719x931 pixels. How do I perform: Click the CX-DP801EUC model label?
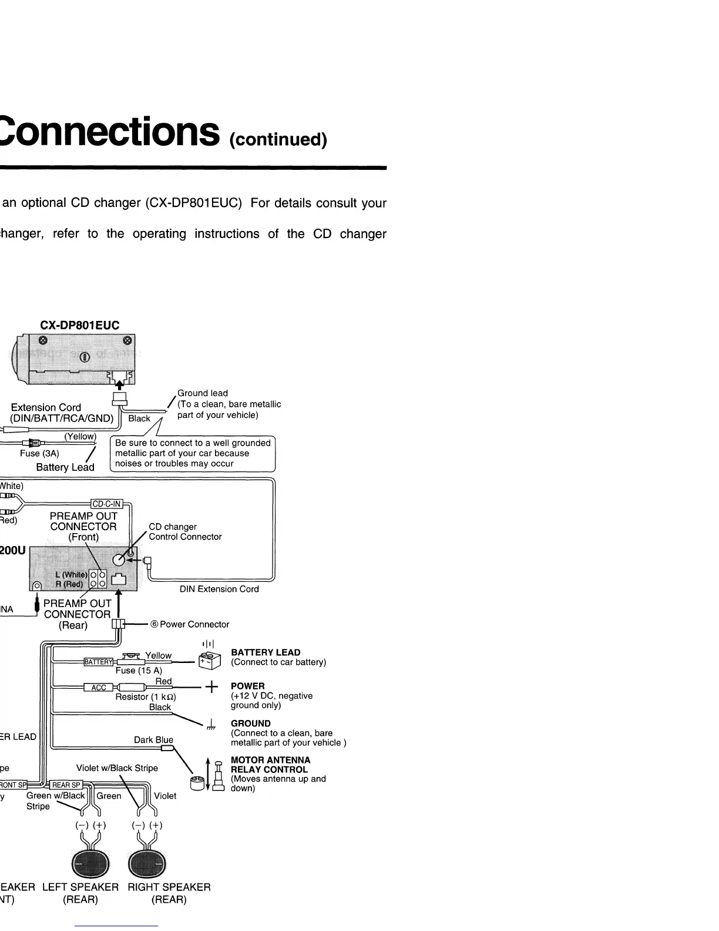pyautogui.click(x=79, y=325)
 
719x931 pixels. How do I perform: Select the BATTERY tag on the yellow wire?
pyautogui.click(x=98, y=662)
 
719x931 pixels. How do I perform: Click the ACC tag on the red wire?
pyautogui.click(x=98, y=688)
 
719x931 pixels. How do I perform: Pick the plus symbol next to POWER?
pyautogui.click(x=211, y=686)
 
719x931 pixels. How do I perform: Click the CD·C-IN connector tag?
pyautogui.click(x=106, y=504)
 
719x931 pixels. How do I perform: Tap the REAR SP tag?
pyautogui.click(x=66, y=785)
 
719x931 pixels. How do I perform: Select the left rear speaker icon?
pyautogui.click(x=89, y=863)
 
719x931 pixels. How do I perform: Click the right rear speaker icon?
pyautogui.click(x=147, y=863)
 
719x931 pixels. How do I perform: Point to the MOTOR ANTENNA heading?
pyautogui.click(x=270, y=760)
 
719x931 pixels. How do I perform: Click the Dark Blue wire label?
pyautogui.click(x=153, y=740)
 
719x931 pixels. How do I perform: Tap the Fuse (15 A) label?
pyautogui.click(x=139, y=671)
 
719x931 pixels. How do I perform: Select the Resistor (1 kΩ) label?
pyautogui.click(x=146, y=697)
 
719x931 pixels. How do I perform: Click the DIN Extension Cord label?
pyautogui.click(x=219, y=589)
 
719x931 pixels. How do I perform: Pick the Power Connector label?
pyautogui.click(x=194, y=624)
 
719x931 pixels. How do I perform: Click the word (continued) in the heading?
pyautogui.click(x=278, y=139)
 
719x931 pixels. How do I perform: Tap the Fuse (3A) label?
pyautogui.click(x=39, y=454)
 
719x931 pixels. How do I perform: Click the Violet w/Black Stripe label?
pyautogui.click(x=117, y=768)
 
